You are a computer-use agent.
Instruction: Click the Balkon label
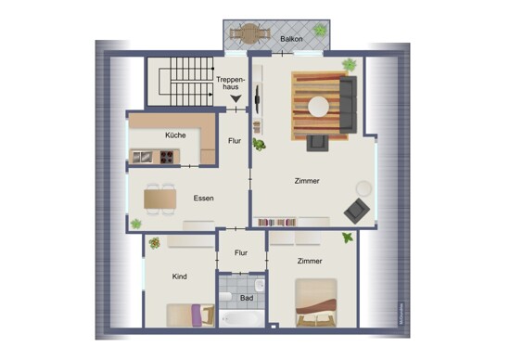[x=291, y=39]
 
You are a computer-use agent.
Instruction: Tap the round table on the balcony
[x=249, y=33]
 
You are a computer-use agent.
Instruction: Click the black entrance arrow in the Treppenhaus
[x=236, y=98]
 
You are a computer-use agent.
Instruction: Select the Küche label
[x=175, y=135]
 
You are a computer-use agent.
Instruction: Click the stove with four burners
[x=167, y=157]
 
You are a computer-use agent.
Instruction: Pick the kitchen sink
[x=142, y=157]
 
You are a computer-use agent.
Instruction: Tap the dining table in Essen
[x=160, y=199]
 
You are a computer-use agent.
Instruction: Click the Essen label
[x=204, y=198]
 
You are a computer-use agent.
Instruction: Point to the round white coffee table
[x=318, y=107]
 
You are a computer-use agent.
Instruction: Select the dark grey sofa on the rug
[x=348, y=105]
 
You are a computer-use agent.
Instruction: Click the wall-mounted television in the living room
[x=257, y=98]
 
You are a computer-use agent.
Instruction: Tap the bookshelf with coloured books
[x=277, y=223]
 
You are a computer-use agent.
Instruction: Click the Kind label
[x=180, y=276]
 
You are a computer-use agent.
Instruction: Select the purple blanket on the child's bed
[x=197, y=315]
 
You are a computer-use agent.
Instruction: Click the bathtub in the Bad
[x=242, y=318]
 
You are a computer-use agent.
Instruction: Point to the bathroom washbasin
[x=260, y=286]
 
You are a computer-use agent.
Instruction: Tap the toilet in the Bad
[x=225, y=297]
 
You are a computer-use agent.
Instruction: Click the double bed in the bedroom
[x=316, y=302]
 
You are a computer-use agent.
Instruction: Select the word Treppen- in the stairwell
[x=230, y=80]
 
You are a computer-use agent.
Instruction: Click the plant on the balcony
[x=320, y=30]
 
